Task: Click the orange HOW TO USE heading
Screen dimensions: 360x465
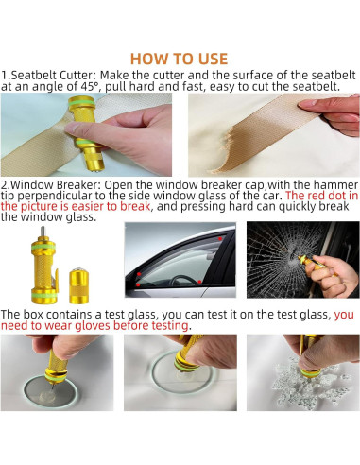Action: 179,59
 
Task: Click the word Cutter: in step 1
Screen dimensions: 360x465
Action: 78,76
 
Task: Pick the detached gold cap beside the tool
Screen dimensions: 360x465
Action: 78,285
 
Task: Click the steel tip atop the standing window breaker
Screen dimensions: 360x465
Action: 43,233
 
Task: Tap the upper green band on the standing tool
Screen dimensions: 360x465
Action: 43,247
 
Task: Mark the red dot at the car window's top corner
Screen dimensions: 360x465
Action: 220,239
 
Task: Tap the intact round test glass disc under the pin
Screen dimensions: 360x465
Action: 51,393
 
